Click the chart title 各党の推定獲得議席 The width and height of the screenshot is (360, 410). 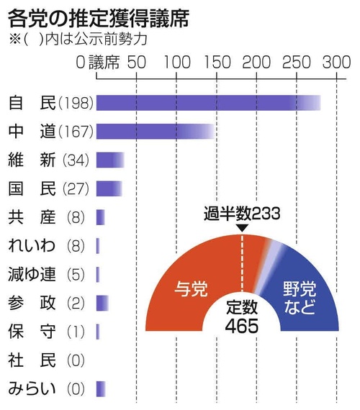98,17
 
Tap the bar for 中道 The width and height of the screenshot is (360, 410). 155,131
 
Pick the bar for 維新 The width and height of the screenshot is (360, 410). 110,159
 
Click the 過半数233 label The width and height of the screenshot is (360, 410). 241,214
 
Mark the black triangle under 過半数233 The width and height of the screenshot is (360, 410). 243,228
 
